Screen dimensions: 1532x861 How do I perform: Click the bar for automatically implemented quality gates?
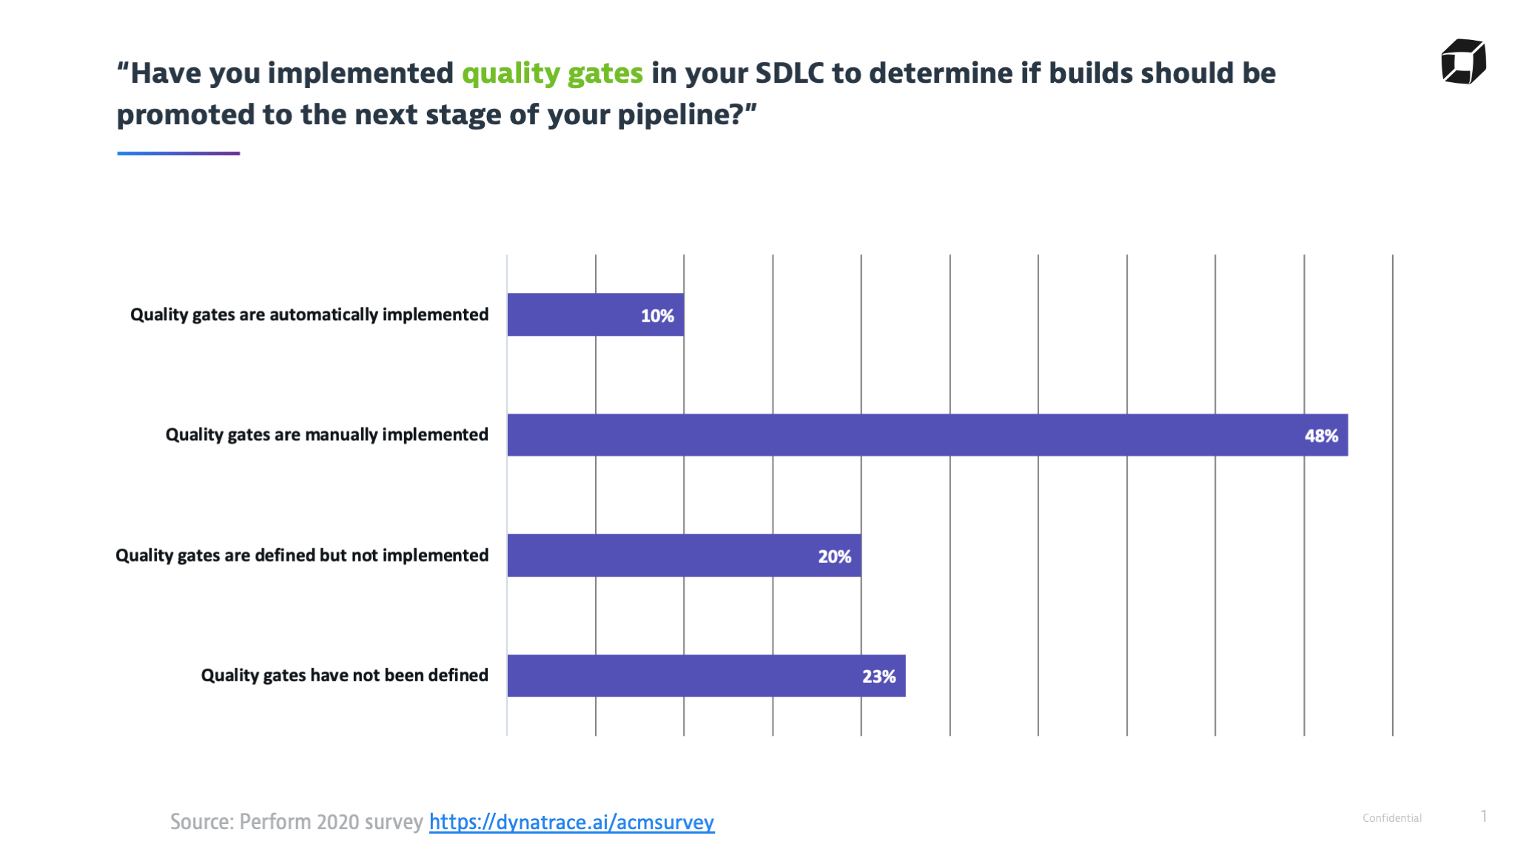(596, 314)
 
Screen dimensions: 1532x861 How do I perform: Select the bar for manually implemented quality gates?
(927, 435)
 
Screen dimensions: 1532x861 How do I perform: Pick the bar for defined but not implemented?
(684, 556)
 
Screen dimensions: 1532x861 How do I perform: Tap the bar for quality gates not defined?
(706, 675)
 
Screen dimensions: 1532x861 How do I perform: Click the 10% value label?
(657, 316)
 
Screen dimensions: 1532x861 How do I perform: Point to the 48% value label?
(1321, 436)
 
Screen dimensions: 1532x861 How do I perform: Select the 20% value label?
(834, 556)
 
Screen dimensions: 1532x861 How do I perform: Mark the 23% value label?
(878, 676)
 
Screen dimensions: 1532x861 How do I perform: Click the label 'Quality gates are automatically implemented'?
(309, 315)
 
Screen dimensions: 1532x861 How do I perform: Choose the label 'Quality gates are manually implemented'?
(327, 435)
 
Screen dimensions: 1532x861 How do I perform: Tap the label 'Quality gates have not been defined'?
(345, 675)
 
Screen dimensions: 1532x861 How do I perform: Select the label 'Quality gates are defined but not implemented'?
(302, 556)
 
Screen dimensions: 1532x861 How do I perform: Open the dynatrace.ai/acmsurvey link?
(572, 822)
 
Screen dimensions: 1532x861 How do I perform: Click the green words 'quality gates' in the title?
(553, 74)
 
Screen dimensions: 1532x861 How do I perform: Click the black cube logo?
(1463, 61)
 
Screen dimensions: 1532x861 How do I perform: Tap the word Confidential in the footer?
(1392, 818)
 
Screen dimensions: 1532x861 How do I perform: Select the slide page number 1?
(1484, 816)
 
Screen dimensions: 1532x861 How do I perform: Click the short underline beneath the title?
(178, 153)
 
